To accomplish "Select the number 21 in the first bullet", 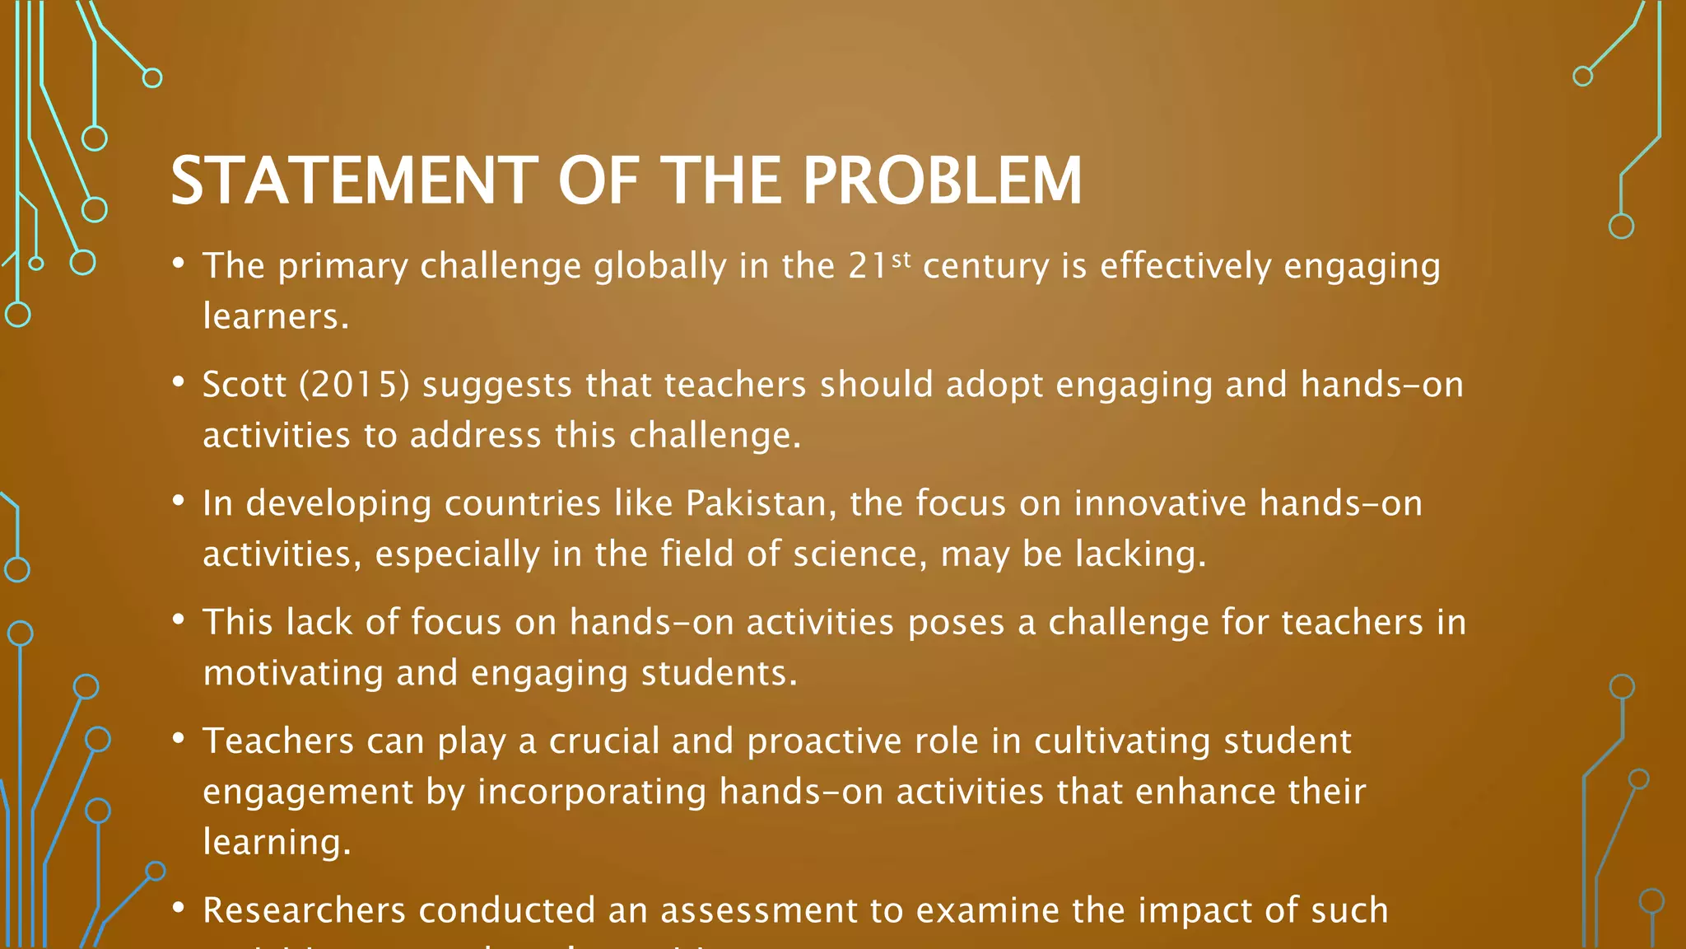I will (868, 266).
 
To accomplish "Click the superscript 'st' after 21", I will (901, 259).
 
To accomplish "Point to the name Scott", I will (244, 385).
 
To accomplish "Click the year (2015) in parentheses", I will (354, 385).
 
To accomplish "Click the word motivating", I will (293, 673).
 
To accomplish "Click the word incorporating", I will (592, 792).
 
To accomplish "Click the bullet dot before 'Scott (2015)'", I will (178, 381).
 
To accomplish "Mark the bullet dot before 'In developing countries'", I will (178, 500).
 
